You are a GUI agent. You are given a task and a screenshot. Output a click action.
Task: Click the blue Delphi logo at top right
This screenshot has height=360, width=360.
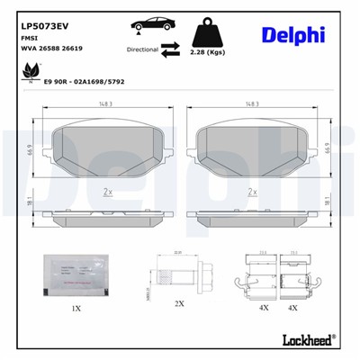(292, 33)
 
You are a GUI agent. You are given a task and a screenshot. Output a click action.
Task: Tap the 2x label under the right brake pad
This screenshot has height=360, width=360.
(252, 193)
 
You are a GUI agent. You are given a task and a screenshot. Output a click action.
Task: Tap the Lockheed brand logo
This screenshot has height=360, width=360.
(306, 340)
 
